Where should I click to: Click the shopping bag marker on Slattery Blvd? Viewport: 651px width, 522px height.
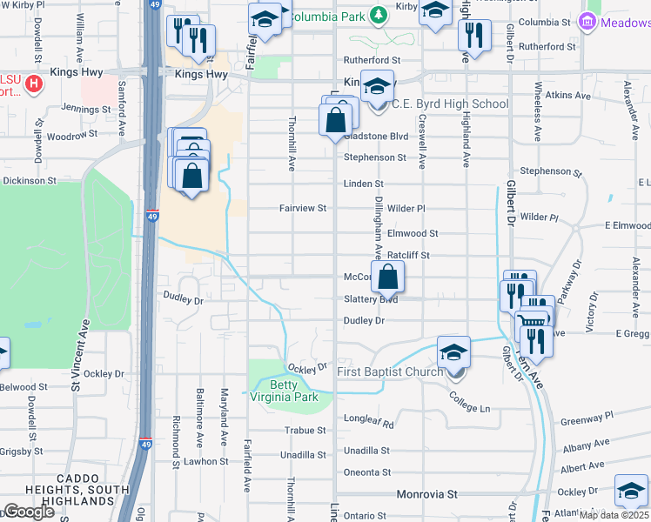(388, 278)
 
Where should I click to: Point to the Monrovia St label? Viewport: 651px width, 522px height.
(426, 494)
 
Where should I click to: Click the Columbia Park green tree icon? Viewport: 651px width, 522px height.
(378, 15)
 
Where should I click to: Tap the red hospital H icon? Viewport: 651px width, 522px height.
(33, 85)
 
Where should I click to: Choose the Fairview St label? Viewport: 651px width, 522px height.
(302, 209)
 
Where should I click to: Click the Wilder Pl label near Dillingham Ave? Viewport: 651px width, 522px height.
(406, 209)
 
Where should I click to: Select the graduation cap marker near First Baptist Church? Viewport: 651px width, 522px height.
(453, 352)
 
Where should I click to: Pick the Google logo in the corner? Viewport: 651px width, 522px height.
(29, 512)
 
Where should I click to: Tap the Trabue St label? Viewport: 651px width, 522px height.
(305, 430)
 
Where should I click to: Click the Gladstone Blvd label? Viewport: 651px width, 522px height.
(376, 137)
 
